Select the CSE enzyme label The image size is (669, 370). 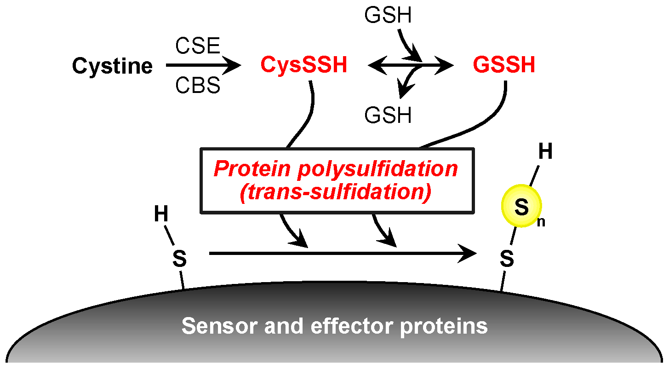pos(198,46)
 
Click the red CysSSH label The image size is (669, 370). pos(303,65)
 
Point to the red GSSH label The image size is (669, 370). pos(504,65)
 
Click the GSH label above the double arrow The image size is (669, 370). pos(388,16)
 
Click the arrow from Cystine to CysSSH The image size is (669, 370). pos(203,66)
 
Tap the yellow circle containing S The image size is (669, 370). pos(521,206)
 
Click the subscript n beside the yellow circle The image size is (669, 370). pos(541,221)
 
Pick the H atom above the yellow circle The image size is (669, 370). pos(545,152)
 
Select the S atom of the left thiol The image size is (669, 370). pos(179,259)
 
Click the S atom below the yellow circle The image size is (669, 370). pos(507,259)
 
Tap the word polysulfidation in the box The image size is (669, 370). pos(377,169)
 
